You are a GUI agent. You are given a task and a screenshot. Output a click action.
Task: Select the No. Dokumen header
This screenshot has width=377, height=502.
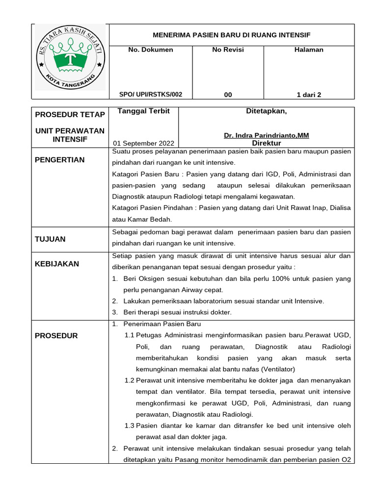click(150, 50)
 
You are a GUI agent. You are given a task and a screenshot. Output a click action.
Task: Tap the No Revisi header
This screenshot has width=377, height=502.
click(228, 50)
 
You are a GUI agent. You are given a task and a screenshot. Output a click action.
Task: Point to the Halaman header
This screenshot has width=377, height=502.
click(309, 50)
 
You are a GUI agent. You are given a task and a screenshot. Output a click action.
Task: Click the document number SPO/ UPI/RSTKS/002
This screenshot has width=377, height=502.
click(150, 95)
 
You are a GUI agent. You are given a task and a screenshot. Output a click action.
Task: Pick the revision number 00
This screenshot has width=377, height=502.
click(228, 95)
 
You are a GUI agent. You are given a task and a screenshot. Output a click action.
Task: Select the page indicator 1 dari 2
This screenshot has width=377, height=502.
click(309, 95)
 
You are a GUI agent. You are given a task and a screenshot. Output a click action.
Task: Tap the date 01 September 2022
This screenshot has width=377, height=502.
click(143, 143)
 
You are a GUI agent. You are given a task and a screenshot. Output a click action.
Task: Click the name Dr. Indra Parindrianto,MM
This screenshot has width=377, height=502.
click(266, 135)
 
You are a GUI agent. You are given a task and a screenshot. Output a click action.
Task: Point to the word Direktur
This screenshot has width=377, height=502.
click(266, 143)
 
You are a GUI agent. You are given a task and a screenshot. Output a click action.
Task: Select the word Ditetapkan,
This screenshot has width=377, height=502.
click(266, 111)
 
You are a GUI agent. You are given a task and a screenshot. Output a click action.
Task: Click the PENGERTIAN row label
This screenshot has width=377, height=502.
click(59, 160)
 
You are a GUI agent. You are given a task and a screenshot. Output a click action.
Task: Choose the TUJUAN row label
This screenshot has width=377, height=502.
click(50, 239)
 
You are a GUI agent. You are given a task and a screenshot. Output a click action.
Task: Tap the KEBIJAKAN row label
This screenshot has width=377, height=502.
click(56, 264)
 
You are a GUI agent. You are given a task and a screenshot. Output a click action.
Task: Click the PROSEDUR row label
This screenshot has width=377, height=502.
click(56, 336)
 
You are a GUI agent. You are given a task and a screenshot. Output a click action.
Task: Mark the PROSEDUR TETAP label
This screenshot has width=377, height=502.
click(70, 115)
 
